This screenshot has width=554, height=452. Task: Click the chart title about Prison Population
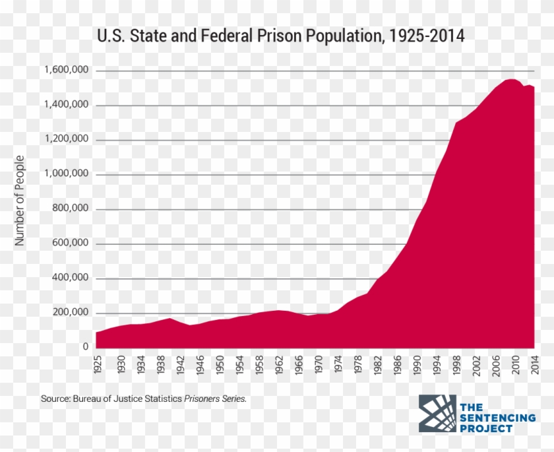(280, 35)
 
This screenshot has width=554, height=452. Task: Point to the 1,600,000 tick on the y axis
(66, 71)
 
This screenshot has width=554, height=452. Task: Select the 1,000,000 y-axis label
(66, 174)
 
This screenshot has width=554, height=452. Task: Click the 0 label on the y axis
(86, 347)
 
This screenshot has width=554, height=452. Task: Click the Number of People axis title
(20, 201)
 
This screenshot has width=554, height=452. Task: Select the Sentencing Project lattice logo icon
(437, 414)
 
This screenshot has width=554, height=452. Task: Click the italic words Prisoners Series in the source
(216, 399)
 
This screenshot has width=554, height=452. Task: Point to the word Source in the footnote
(55, 399)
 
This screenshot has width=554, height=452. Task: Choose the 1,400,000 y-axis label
(66, 105)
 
